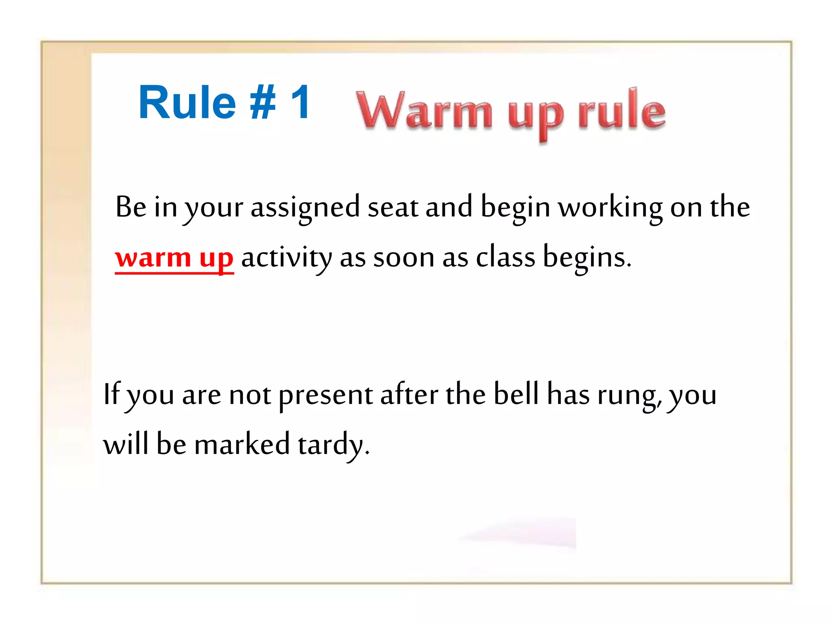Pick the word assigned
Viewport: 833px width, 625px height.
click(x=305, y=208)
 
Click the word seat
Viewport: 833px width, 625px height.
click(x=393, y=208)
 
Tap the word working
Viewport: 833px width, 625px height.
click(x=610, y=208)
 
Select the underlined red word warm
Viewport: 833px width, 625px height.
click(x=153, y=258)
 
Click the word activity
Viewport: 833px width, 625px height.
click(x=286, y=258)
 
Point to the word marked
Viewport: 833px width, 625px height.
click(x=242, y=444)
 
